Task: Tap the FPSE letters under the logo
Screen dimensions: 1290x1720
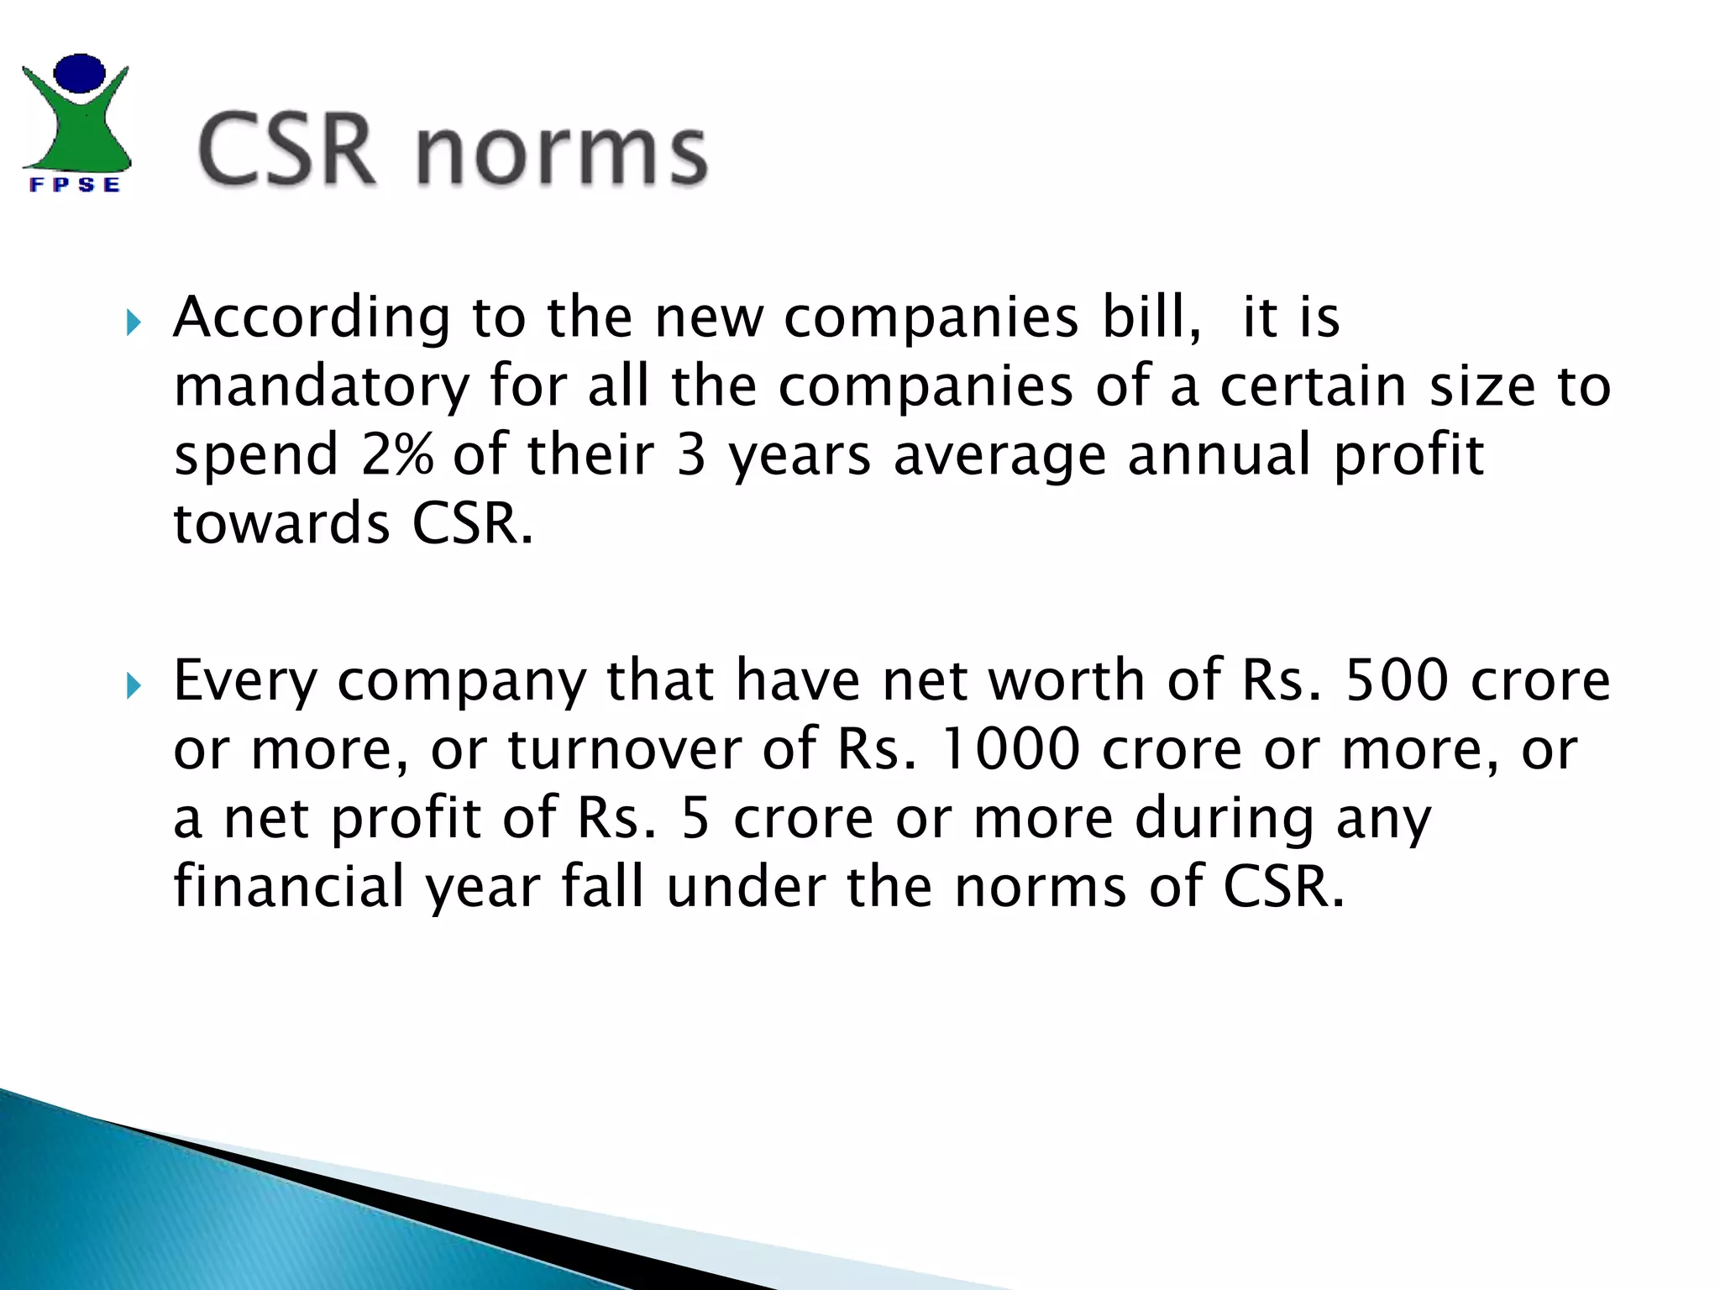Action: tap(75, 185)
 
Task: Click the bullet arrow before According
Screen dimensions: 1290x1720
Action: tap(134, 322)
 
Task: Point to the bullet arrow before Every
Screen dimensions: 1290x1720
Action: tap(134, 685)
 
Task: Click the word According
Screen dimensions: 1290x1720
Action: tap(312, 318)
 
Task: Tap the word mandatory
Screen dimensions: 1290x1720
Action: tap(321, 386)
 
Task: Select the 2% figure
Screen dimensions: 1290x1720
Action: tap(397, 454)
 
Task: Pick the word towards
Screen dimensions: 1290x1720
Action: tap(281, 523)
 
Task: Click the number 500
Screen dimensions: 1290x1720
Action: tap(1397, 679)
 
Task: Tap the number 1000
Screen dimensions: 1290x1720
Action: tap(1009, 748)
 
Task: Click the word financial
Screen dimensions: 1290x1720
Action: tap(289, 886)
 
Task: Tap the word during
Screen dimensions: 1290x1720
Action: tap(1224, 818)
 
